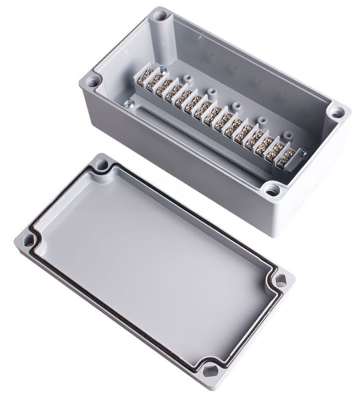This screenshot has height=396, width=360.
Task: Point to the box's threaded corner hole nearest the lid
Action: tap(272, 190)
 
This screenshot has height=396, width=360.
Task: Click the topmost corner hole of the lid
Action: tap(102, 165)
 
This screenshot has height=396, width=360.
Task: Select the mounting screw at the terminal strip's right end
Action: tap(304, 152)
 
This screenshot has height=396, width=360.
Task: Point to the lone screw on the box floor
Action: tap(128, 103)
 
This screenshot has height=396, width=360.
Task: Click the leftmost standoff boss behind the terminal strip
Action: tap(189, 78)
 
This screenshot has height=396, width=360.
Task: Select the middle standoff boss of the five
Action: tap(237, 106)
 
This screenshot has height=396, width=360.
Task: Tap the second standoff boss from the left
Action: tap(212, 92)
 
